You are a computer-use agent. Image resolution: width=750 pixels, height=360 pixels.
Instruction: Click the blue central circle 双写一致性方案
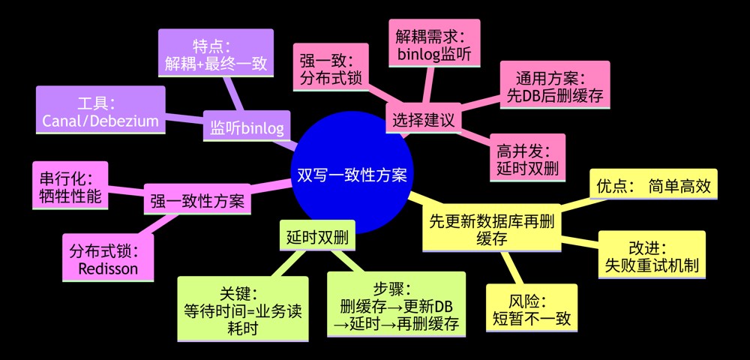[352, 174]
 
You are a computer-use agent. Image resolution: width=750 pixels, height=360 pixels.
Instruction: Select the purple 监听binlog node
[247, 126]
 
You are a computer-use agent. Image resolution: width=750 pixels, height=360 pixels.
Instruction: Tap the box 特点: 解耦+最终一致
[216, 53]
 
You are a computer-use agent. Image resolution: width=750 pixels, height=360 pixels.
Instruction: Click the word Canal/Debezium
[100, 121]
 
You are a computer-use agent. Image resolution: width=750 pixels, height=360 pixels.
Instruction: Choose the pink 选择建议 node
[424, 118]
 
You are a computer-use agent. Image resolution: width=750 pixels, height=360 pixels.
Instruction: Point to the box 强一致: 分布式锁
[331, 67]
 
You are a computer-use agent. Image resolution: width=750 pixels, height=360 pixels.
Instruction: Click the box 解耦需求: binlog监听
[434, 43]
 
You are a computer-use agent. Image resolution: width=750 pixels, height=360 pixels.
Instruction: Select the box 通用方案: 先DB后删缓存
[555, 85]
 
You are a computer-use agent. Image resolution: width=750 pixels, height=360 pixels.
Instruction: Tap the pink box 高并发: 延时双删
[527, 157]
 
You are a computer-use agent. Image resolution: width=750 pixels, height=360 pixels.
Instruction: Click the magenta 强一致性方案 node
[197, 199]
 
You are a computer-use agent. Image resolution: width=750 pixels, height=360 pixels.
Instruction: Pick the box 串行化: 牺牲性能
[70, 185]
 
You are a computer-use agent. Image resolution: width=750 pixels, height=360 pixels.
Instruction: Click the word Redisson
[108, 268]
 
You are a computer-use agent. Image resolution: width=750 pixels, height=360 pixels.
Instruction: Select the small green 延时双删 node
[317, 235]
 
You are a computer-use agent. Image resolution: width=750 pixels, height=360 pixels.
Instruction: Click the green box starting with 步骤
[396, 304]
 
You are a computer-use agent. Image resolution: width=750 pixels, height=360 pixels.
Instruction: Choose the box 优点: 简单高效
[653, 184]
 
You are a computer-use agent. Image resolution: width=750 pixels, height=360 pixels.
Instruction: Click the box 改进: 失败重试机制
[652, 254]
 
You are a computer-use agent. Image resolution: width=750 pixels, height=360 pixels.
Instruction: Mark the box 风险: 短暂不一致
[532, 308]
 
